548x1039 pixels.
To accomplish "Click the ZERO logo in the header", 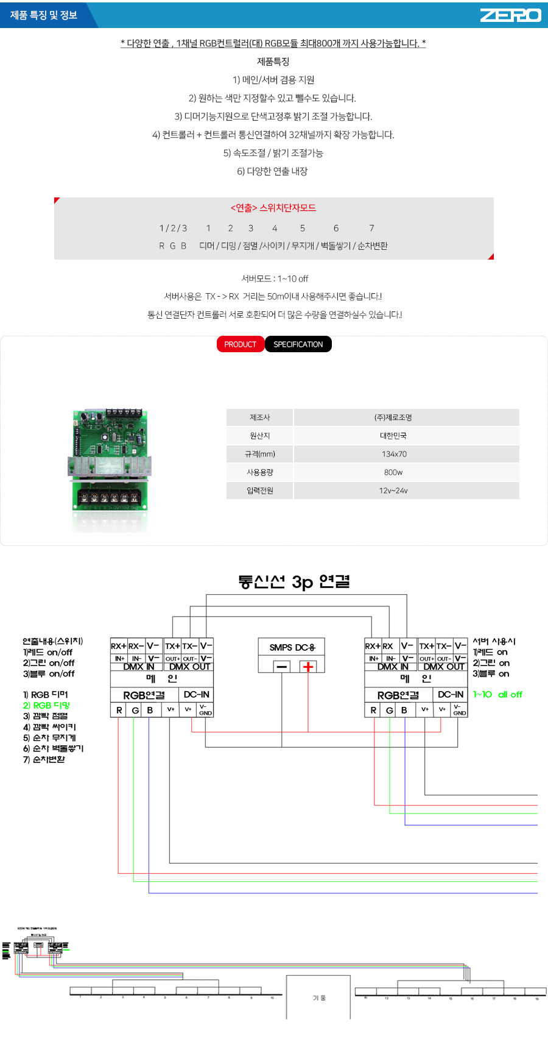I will click(x=510, y=15).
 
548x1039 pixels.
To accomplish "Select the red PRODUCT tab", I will click(x=241, y=344).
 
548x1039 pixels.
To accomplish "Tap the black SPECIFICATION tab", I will click(x=298, y=344).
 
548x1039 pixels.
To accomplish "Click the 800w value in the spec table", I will click(x=393, y=472).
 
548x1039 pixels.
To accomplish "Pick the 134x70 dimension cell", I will click(x=394, y=454).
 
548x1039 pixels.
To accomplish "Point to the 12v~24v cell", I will click(x=393, y=491).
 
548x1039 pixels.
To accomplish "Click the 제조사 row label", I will click(x=260, y=417).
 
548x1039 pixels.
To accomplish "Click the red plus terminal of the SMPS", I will click(x=308, y=667).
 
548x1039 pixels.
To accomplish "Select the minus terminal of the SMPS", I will click(x=282, y=667).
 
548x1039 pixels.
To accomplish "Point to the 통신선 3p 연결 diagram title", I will click(x=293, y=582).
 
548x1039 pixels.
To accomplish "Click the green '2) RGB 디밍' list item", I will click(x=46, y=705).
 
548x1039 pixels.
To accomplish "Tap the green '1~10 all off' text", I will click(x=497, y=694).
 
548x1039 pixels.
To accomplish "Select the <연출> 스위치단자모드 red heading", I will click(x=273, y=208).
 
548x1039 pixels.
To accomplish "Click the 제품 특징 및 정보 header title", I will click(x=44, y=15).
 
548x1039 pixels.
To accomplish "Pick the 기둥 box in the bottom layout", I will click(x=318, y=998).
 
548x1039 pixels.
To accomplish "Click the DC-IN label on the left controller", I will click(x=197, y=694).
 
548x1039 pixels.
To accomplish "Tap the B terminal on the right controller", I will click(x=404, y=710).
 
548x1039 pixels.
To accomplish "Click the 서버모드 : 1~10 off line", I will click(x=275, y=278).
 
